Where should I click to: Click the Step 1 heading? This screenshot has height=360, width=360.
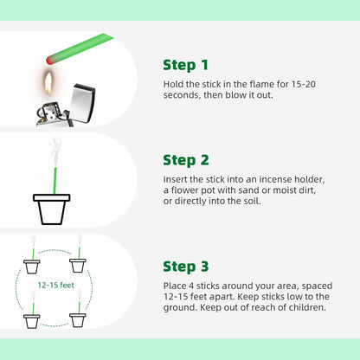coord(185,65)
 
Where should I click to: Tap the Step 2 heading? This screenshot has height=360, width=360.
coord(186,160)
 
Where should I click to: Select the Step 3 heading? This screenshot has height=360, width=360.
coord(186,267)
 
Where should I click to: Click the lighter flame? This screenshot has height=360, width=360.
coord(48,83)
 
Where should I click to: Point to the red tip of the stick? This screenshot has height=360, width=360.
coord(49,60)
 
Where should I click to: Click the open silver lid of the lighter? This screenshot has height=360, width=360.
coord(82,102)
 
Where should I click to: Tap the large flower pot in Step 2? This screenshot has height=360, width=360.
coord(52,209)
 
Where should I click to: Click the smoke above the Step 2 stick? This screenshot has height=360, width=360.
coord(55,152)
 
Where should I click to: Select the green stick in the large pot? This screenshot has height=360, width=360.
coord(55,180)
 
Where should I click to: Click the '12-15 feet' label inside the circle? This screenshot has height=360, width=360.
coord(56,285)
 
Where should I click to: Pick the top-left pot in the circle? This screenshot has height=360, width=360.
coord(32,267)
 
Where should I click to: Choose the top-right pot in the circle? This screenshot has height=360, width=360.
coord(78,266)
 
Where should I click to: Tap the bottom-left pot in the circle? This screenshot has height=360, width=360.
coord(32,321)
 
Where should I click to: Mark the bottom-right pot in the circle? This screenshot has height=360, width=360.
coord(78,320)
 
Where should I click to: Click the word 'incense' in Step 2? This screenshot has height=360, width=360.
coord(275,179)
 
